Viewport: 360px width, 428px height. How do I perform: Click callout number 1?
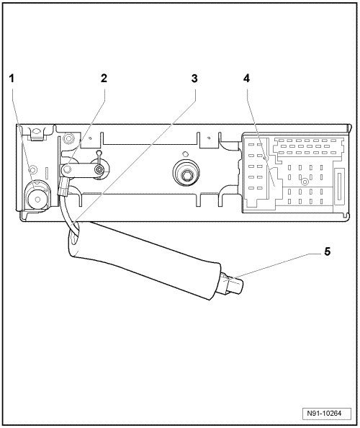tap(12, 79)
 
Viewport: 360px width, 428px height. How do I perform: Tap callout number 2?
tap(104, 79)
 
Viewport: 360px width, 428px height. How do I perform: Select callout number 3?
tap(194, 79)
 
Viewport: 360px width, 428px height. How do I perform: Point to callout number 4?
tap(246, 79)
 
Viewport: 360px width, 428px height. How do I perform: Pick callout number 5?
tap(328, 251)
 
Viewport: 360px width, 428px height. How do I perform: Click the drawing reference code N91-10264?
tap(327, 414)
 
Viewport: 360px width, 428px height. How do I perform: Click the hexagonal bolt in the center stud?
tap(186, 174)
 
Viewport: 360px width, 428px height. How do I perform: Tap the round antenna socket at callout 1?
tap(37, 198)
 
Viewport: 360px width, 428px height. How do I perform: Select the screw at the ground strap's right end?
tap(99, 170)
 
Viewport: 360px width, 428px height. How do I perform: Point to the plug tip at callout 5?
tap(234, 286)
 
